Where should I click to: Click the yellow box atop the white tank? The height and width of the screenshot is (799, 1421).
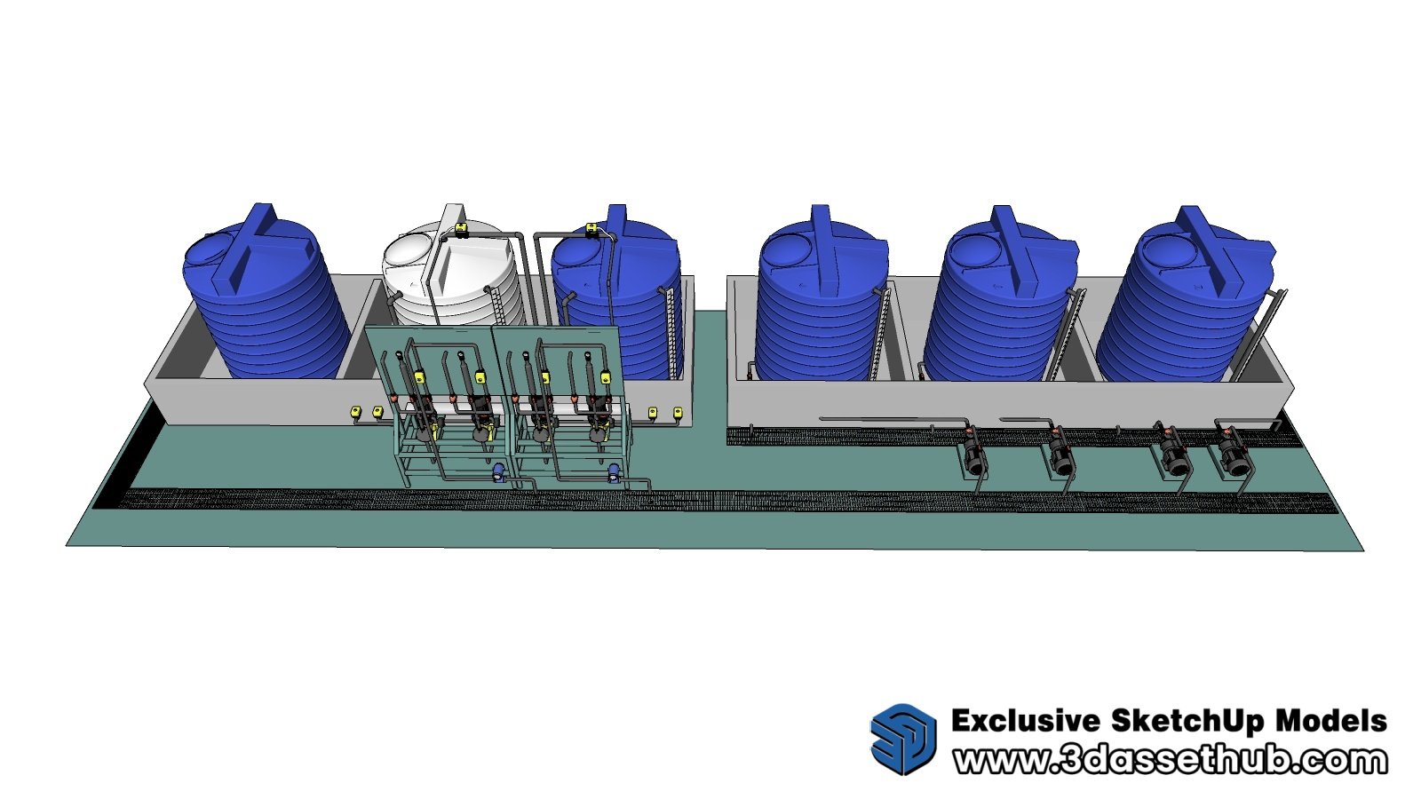coord(461,227)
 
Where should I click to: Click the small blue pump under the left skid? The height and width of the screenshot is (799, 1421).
coord(498,471)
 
